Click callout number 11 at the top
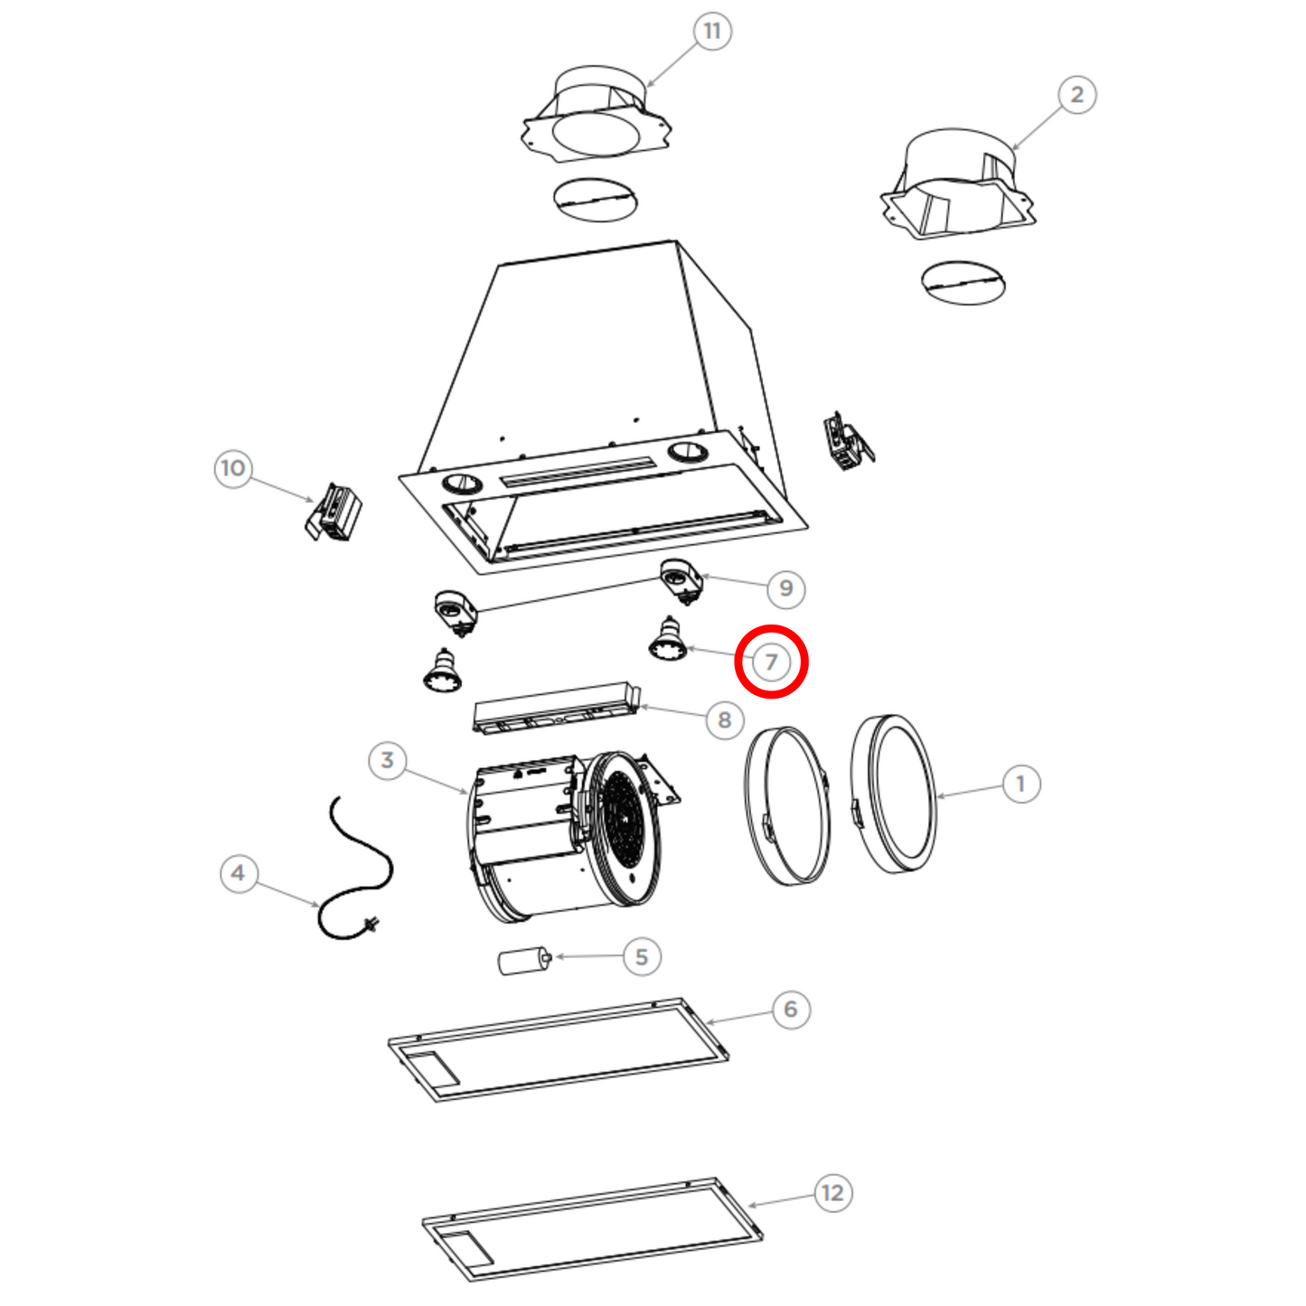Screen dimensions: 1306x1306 tap(711, 31)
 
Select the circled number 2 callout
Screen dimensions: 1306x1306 tap(1076, 95)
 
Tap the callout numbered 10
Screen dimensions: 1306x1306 tap(233, 468)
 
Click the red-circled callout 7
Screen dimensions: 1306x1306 tap(771, 662)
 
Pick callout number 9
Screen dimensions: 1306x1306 tap(785, 588)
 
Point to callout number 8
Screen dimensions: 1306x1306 tap(725, 719)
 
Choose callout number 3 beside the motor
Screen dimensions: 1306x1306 tap(387, 760)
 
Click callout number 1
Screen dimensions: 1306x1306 tap(1020, 785)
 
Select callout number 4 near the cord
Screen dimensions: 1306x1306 tap(239, 873)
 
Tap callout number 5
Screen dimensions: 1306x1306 tap(641, 957)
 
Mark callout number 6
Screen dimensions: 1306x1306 tap(790, 1010)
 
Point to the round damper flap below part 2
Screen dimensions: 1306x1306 tap(963, 283)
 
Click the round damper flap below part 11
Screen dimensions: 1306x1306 tap(596, 200)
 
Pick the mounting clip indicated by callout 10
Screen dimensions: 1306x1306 tap(334, 512)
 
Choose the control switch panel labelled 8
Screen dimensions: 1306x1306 tap(557, 708)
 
